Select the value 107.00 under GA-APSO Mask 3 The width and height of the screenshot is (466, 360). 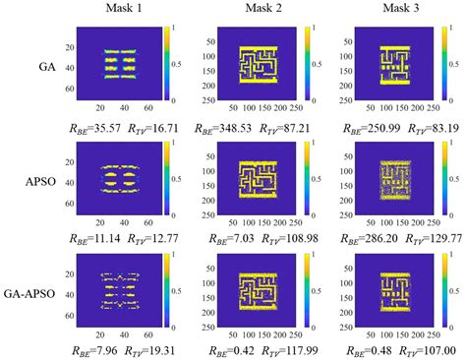(424, 347)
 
